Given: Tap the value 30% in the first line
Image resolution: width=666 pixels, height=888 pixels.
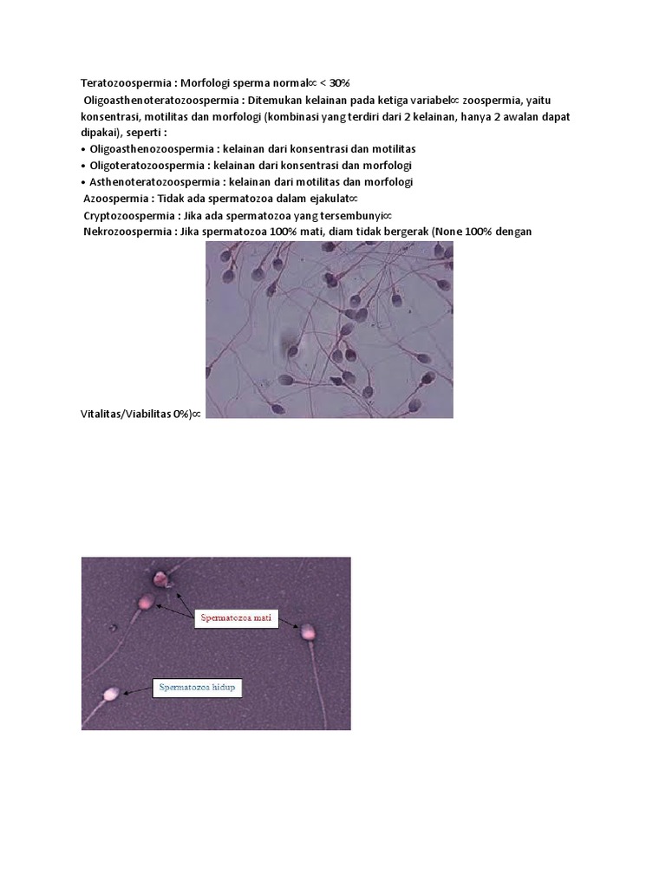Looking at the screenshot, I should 336,83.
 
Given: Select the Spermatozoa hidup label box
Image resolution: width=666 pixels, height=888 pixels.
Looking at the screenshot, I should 197,688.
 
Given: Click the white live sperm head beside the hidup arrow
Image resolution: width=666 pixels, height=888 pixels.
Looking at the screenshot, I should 110,693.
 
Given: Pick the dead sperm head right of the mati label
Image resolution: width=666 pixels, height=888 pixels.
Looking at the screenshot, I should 307,632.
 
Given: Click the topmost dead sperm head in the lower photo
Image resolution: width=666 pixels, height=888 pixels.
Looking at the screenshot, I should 160,578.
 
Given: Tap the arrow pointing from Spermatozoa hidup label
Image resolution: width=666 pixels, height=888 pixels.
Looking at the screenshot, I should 137,691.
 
